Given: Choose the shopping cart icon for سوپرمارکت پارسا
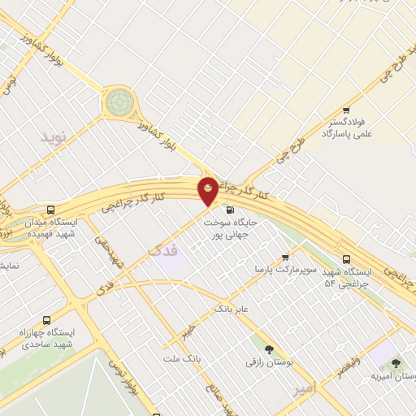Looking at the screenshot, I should point(284,258).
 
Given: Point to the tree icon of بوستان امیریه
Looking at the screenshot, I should point(396,363).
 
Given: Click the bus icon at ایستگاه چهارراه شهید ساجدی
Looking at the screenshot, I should point(46,320).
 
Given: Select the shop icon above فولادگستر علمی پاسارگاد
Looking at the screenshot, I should point(346,110).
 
